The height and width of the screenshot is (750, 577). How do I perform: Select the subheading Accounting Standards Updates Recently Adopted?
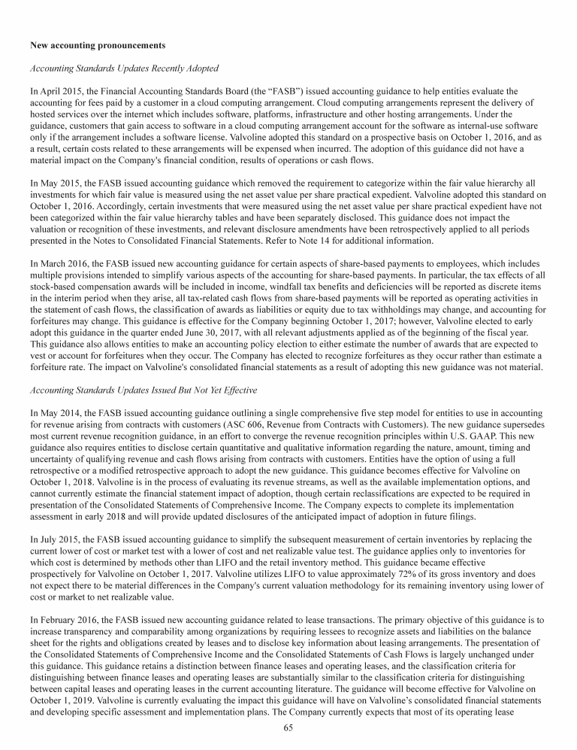point(124,69)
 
